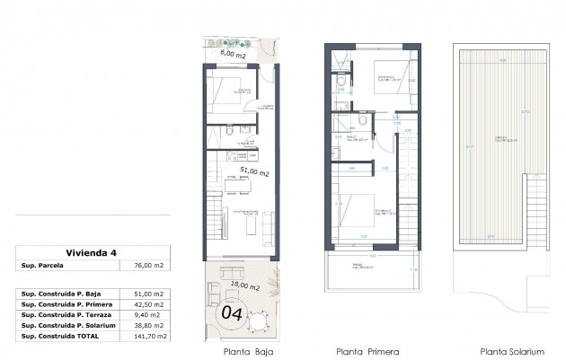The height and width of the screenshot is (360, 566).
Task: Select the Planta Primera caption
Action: click(x=367, y=351)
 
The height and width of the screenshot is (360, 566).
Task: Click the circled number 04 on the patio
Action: click(x=231, y=314)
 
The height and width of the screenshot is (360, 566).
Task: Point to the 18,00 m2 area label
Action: click(x=242, y=286)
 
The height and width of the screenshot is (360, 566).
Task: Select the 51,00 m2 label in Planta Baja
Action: click(x=255, y=170)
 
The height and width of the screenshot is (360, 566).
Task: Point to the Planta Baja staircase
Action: click(x=213, y=221)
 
